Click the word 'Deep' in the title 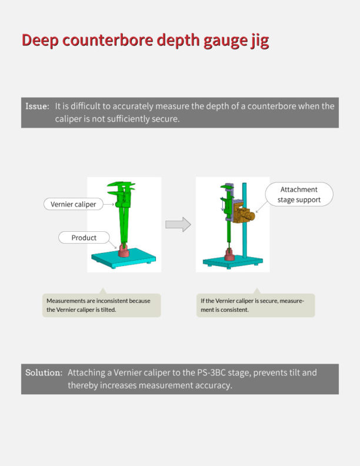point(40,40)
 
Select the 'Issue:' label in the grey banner point(37,106)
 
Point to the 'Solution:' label point(44,372)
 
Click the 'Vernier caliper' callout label point(74,204)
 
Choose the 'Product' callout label point(84,238)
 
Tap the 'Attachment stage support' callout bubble point(299,194)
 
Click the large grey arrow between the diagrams point(178,224)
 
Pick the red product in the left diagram point(124,251)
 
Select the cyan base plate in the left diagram point(124,257)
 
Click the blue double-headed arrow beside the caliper point(223,204)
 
